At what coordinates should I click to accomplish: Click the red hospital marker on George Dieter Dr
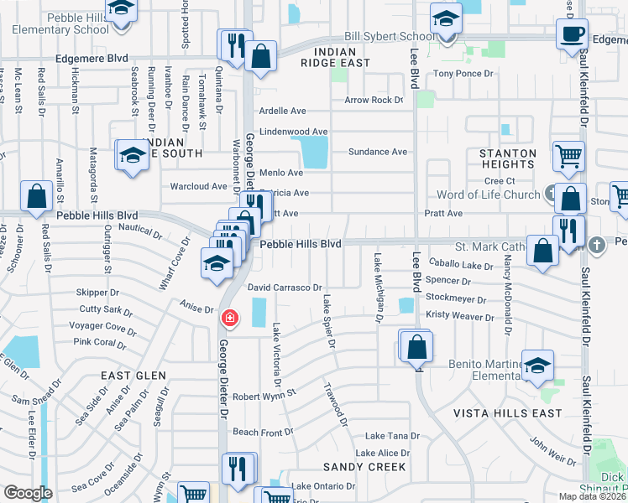(x=228, y=319)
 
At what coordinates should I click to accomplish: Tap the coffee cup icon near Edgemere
(x=572, y=34)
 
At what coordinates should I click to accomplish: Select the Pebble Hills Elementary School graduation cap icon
(x=123, y=12)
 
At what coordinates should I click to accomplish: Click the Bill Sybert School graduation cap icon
(x=446, y=18)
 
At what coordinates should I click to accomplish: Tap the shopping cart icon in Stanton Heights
(x=568, y=155)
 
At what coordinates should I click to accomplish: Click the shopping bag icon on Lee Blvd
(x=416, y=345)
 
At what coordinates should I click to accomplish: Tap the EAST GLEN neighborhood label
(x=133, y=376)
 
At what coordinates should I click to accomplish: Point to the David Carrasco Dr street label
(x=285, y=288)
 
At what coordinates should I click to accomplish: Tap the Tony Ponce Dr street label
(x=462, y=74)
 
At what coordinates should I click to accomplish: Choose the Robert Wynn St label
(x=264, y=393)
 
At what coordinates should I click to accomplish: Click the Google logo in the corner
(x=28, y=492)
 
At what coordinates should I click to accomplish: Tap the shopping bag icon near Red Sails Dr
(x=37, y=197)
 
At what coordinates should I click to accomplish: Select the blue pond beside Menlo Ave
(x=315, y=153)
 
